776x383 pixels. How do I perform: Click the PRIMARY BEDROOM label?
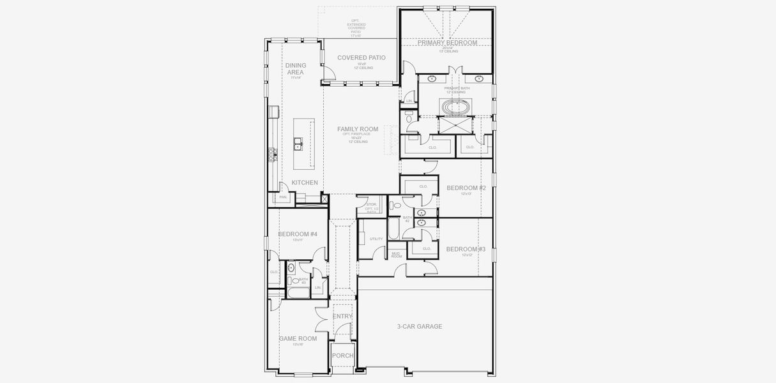coord(447,43)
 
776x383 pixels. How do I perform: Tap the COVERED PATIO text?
coord(361,58)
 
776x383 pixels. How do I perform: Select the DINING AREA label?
coord(295,68)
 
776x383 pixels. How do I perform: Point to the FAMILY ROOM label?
coord(358,129)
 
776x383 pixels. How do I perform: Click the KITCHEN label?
coord(305,183)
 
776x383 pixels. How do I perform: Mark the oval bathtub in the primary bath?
coord(455,106)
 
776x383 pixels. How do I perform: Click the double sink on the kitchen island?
coord(298,144)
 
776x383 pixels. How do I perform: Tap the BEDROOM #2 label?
coord(466,188)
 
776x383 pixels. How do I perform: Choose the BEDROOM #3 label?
coord(466,249)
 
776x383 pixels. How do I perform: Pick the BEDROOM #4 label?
coord(298,234)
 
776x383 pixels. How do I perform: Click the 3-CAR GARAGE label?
coord(420,327)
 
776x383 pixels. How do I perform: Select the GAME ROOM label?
coord(298,339)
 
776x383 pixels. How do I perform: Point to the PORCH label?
coord(342,356)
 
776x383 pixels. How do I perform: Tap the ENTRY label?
coord(342,316)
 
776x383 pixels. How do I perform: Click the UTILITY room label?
coord(376,239)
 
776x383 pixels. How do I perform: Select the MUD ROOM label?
coord(396,255)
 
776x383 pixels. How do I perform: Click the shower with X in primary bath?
coord(455,125)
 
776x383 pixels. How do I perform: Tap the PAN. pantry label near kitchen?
coord(283,197)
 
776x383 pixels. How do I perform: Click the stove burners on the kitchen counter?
coord(272,154)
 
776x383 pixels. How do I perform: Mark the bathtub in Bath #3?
coord(298,294)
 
